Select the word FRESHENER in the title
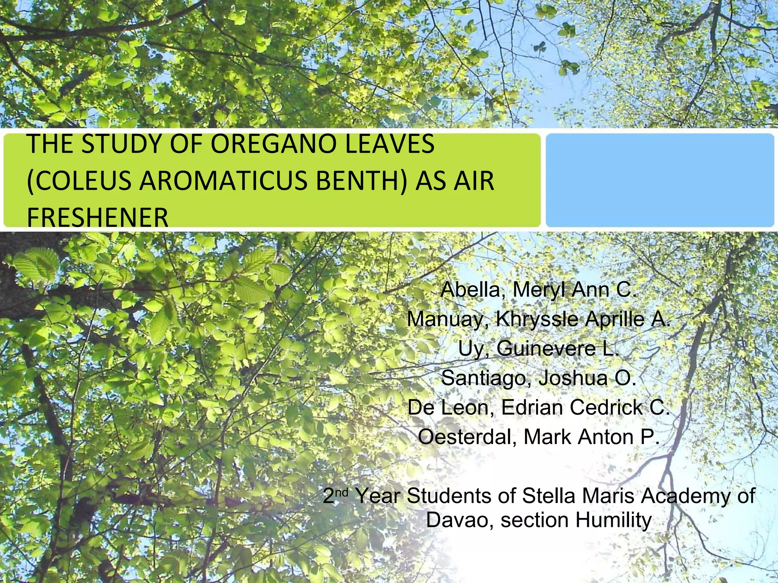pyautogui.click(x=98, y=217)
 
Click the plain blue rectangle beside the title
pyautogui.click(x=659, y=180)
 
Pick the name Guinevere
pyautogui.click(x=546, y=348)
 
